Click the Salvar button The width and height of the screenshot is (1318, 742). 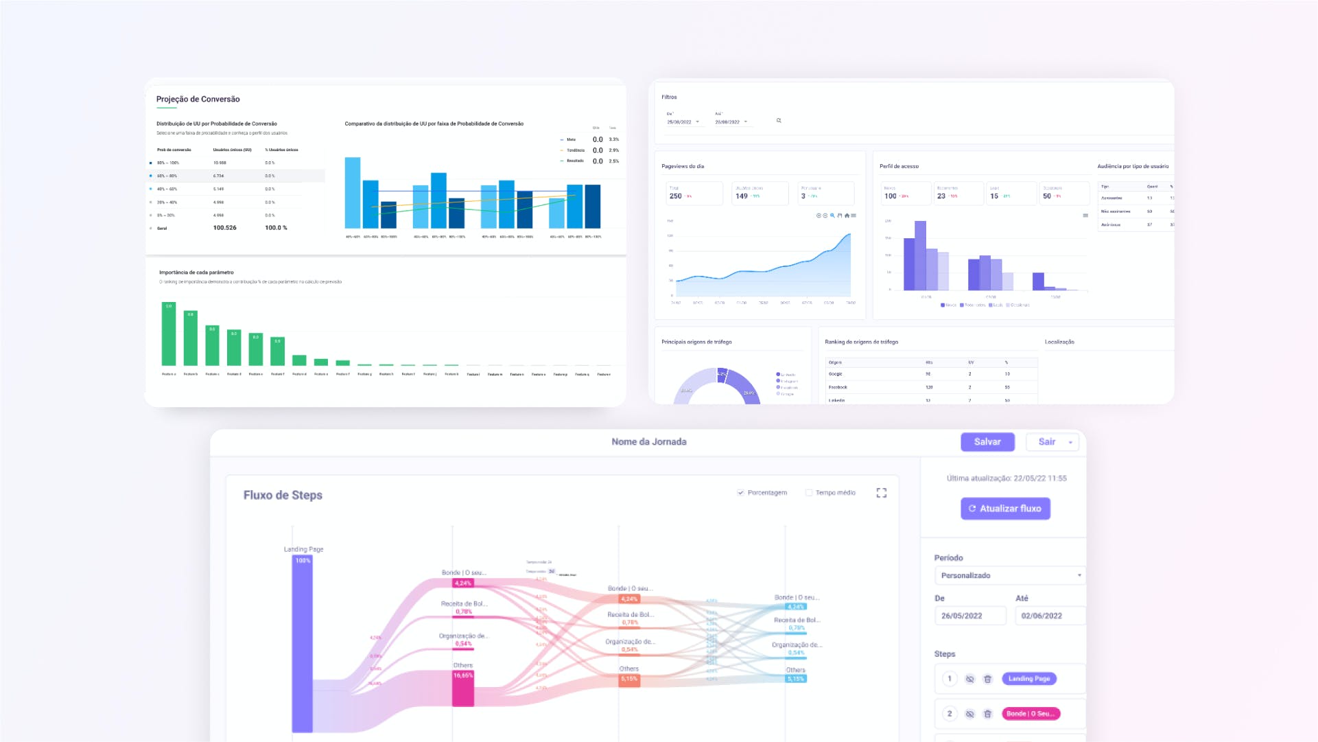click(987, 442)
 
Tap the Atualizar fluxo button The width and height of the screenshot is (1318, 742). click(1005, 509)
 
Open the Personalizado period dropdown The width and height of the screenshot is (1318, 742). click(1009, 575)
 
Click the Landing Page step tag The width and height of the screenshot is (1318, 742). click(1028, 679)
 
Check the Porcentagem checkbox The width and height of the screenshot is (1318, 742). click(741, 493)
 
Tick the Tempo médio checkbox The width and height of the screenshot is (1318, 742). click(809, 493)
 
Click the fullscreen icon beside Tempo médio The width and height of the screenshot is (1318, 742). click(882, 493)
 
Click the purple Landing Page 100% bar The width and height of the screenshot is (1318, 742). click(303, 645)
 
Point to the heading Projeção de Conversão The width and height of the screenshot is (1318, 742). click(198, 100)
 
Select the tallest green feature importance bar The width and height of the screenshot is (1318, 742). click(169, 334)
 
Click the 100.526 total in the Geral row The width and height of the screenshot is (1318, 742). click(224, 228)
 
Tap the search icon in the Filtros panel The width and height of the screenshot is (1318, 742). click(779, 121)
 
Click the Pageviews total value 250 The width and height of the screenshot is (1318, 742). click(676, 196)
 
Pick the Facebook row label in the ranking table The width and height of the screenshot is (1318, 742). click(838, 387)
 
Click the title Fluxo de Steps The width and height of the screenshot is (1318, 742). click(283, 496)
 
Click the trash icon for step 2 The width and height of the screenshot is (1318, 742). click(988, 714)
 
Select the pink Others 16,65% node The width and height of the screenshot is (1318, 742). click(463, 688)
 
